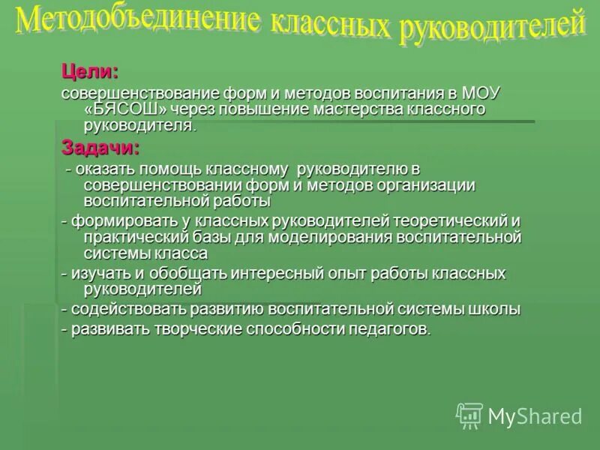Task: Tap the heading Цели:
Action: (89, 72)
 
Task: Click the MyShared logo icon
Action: (470, 415)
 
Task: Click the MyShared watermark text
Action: (535, 415)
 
